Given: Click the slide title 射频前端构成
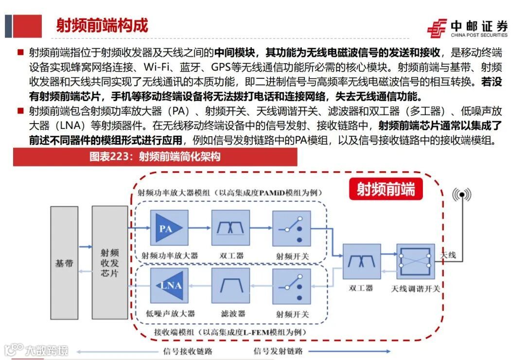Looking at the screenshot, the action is (102, 25).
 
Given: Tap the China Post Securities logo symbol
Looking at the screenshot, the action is (437, 29).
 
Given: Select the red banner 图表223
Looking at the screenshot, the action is (155, 157).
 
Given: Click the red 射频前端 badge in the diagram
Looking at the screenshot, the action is (386, 189).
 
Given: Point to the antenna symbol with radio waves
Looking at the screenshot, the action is (461, 195).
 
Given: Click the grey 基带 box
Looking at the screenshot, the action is (64, 263).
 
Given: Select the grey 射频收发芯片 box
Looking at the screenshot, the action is (109, 263).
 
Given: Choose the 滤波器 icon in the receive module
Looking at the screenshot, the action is (230, 286).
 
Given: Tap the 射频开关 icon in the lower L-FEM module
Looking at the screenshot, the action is (291, 286).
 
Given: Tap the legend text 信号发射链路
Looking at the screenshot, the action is (278, 351).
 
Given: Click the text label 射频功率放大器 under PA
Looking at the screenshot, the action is (170, 255).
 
